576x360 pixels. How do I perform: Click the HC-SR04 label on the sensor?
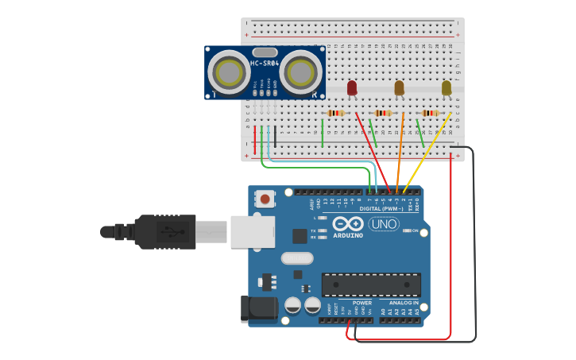[265, 63]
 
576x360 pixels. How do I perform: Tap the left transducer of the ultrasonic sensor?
[230, 73]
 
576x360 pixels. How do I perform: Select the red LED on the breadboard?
[352, 87]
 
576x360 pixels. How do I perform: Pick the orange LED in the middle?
[399, 87]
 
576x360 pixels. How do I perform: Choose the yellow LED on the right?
[446, 87]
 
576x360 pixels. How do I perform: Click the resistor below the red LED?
[336, 113]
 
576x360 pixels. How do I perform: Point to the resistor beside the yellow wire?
[430, 113]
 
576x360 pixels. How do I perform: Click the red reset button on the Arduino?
[265, 196]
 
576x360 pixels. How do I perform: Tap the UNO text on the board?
[384, 224]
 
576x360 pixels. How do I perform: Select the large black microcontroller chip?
[371, 285]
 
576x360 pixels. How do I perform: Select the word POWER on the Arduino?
[362, 303]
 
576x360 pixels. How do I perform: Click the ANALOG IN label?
[404, 303]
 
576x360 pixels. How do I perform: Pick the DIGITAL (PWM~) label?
[381, 208]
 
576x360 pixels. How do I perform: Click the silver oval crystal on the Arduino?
[297, 257]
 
